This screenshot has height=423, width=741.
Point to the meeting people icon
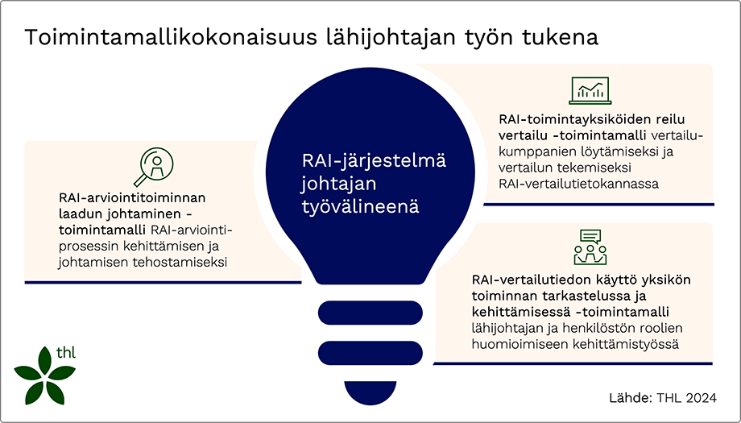(590, 248)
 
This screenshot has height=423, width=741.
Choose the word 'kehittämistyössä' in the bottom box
(628, 344)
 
